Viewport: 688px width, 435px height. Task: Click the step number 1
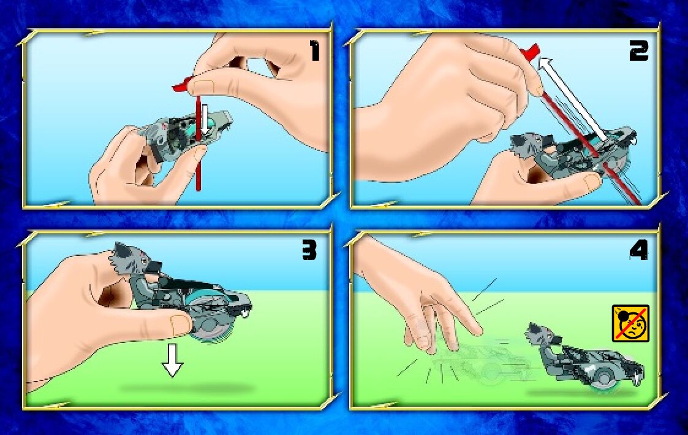tap(315, 50)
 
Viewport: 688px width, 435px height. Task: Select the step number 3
tap(309, 251)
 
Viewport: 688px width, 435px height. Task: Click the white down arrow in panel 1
tap(205, 118)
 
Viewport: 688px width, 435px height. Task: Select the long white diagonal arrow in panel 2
tap(573, 99)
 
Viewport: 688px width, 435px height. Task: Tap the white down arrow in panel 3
tap(172, 360)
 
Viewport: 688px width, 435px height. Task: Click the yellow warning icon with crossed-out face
tap(630, 323)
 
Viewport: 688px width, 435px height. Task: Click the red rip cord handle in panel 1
tap(183, 86)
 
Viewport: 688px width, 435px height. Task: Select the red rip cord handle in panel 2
tap(529, 53)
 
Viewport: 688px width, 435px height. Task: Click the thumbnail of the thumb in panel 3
tap(180, 325)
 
